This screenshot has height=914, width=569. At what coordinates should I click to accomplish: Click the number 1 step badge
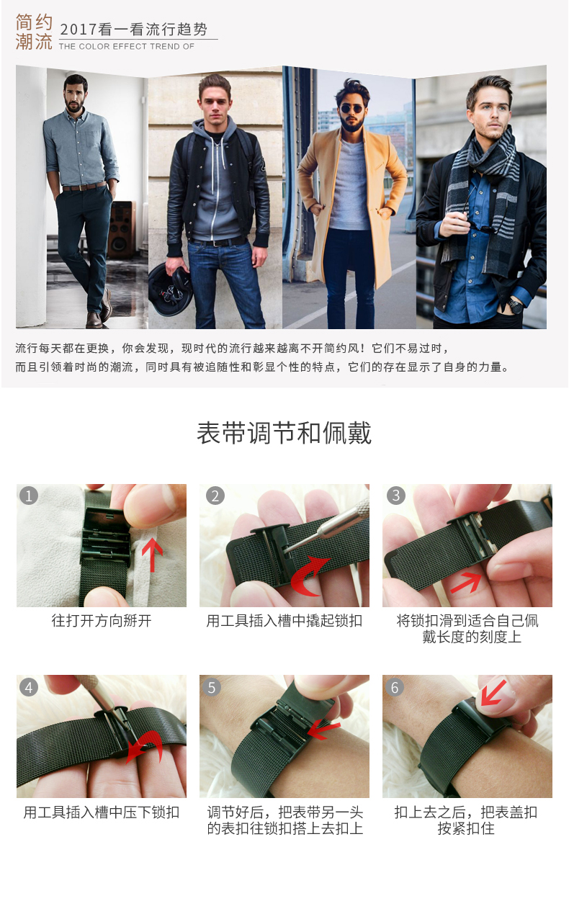(29, 496)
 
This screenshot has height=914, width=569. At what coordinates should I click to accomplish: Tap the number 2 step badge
(215, 496)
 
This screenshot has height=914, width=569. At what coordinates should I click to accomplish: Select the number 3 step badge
(396, 496)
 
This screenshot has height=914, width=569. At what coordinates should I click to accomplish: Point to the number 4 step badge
(29, 688)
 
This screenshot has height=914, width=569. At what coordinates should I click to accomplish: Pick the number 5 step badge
(212, 688)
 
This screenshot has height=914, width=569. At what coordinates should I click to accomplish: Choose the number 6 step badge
(395, 688)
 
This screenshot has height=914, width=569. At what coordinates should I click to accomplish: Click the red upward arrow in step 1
(152, 555)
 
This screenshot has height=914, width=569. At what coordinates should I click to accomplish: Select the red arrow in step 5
(323, 730)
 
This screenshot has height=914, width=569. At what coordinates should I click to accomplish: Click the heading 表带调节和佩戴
(284, 433)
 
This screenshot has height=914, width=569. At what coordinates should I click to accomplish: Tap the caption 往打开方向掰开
(102, 621)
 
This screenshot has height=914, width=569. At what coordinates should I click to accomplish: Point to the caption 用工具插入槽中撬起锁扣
(284, 621)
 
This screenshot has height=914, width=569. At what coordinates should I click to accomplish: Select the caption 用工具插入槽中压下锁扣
(102, 812)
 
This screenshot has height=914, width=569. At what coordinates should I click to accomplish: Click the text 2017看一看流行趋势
(134, 30)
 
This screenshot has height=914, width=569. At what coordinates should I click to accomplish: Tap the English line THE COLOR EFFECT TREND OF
(127, 47)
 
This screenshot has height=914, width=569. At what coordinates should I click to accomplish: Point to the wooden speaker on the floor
(121, 230)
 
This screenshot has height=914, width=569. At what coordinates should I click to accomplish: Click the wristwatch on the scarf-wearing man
(515, 305)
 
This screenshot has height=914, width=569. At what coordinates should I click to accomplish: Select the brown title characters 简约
(34, 22)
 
